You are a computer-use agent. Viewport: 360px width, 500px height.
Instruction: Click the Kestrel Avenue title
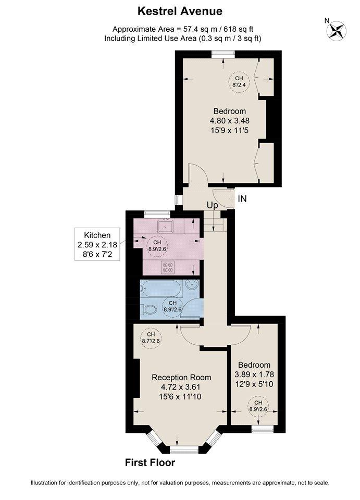tap(180, 11)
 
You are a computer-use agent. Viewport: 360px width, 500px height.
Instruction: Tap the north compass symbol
tap(336, 30)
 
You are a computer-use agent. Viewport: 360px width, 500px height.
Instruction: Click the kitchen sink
tap(165, 226)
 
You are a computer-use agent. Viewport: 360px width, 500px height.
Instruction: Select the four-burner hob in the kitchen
tap(168, 267)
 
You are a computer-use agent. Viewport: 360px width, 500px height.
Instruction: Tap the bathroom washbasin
tap(192, 285)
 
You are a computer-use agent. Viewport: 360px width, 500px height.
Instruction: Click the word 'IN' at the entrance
tap(242, 198)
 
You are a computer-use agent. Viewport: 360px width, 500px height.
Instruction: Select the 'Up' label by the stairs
tap(213, 205)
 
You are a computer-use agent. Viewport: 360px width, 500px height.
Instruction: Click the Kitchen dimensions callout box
tap(97, 244)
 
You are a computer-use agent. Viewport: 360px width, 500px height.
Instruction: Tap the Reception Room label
tap(181, 377)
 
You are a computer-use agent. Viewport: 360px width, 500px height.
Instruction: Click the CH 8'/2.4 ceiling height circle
tap(239, 82)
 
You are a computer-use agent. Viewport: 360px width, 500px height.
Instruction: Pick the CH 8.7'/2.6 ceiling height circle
tap(151, 337)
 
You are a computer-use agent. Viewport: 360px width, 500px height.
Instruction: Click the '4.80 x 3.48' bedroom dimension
tap(230, 121)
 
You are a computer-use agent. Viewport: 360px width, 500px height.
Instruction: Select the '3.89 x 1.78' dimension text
tap(254, 374)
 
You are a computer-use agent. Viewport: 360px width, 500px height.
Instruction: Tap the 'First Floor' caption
tap(150, 463)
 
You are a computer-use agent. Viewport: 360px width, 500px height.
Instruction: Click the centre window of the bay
tap(184, 449)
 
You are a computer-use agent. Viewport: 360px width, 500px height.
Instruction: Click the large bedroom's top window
tap(223, 54)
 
